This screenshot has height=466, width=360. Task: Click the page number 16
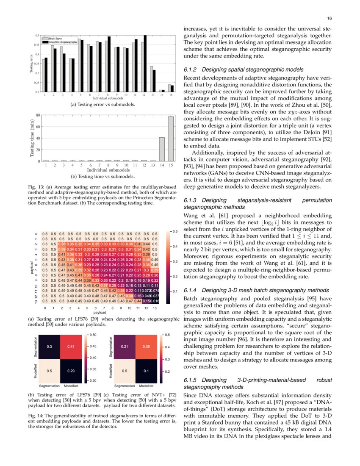329,19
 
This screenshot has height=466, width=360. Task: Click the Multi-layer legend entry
55,39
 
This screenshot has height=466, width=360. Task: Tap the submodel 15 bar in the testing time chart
171,139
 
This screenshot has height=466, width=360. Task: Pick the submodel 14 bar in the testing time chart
162,149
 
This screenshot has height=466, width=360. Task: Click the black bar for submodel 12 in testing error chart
145,64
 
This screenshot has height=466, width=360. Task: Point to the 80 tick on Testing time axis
37,115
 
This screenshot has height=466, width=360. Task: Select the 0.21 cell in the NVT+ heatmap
125,347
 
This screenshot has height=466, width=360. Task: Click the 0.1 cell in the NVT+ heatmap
146,371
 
